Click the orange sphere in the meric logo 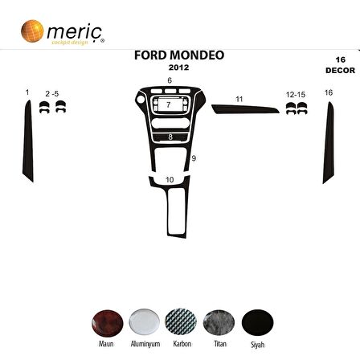click(x=32, y=31)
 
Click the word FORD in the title click(x=150, y=56)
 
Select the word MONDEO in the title click(x=198, y=56)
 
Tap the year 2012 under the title click(x=179, y=67)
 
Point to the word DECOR click(x=340, y=70)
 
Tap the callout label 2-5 click(x=52, y=95)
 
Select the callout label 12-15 click(x=295, y=95)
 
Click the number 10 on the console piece click(x=169, y=179)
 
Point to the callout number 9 click(x=194, y=159)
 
